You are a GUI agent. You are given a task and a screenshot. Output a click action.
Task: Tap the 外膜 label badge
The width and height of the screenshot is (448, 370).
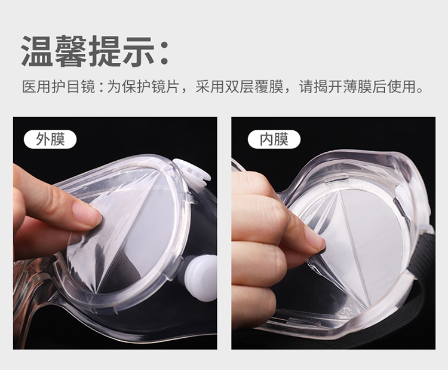pos(50,139)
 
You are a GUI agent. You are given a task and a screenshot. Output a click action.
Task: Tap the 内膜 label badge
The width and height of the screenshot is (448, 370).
pos(274,139)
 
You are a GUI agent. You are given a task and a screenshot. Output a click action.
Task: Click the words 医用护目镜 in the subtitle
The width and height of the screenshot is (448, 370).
pos(59,87)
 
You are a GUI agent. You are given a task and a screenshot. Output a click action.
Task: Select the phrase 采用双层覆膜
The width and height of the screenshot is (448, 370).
pos(240,87)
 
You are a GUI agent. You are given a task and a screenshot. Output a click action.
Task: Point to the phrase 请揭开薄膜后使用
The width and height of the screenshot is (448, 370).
pos(357,87)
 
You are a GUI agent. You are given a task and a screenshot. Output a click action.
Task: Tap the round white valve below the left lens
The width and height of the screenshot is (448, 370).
pos(201,277)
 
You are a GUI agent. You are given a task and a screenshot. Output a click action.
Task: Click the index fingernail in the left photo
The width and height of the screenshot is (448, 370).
pos(85,212)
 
